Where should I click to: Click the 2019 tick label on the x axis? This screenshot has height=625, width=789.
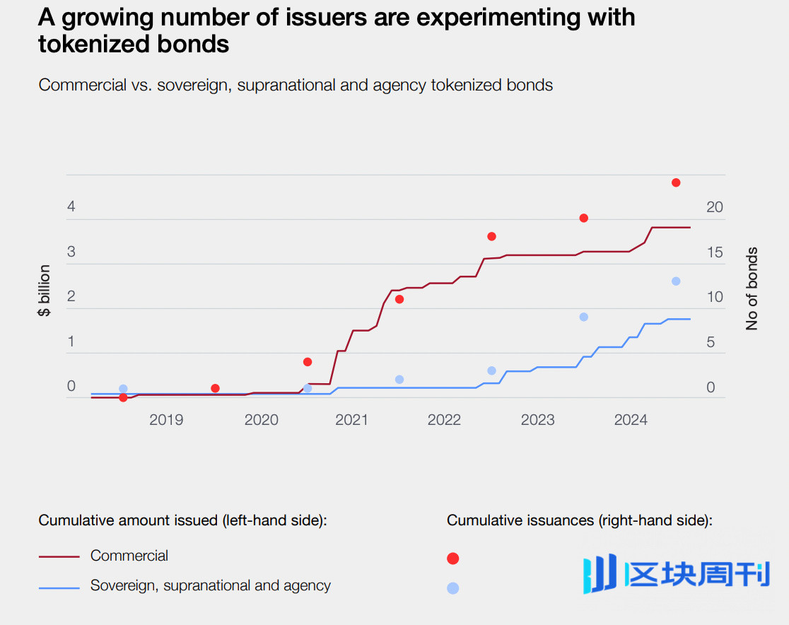click(166, 420)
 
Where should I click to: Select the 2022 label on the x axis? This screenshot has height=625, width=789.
click(444, 420)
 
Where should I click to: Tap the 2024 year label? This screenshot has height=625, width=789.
click(631, 420)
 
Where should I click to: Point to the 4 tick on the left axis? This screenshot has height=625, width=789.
click(71, 207)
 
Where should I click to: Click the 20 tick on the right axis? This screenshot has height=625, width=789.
click(715, 207)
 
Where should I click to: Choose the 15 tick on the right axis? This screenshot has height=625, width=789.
click(715, 252)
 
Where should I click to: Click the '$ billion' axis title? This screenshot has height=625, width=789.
click(45, 290)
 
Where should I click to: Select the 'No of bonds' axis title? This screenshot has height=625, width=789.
click(752, 288)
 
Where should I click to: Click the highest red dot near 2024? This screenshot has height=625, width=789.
click(676, 182)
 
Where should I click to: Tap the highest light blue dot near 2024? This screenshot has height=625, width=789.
click(676, 281)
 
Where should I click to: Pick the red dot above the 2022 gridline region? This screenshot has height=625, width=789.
click(491, 236)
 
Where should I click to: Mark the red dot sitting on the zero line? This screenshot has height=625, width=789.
click(123, 397)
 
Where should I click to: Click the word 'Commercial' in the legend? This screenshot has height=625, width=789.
click(129, 556)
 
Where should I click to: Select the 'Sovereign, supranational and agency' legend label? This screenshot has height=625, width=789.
click(211, 585)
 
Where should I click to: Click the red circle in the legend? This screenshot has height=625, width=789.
click(453, 559)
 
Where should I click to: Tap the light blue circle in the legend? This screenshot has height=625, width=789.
click(453, 588)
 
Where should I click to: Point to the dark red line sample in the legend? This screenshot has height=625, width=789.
click(59, 556)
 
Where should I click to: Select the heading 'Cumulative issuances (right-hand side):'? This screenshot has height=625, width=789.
click(580, 520)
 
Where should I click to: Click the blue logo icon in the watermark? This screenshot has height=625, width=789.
click(599, 574)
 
